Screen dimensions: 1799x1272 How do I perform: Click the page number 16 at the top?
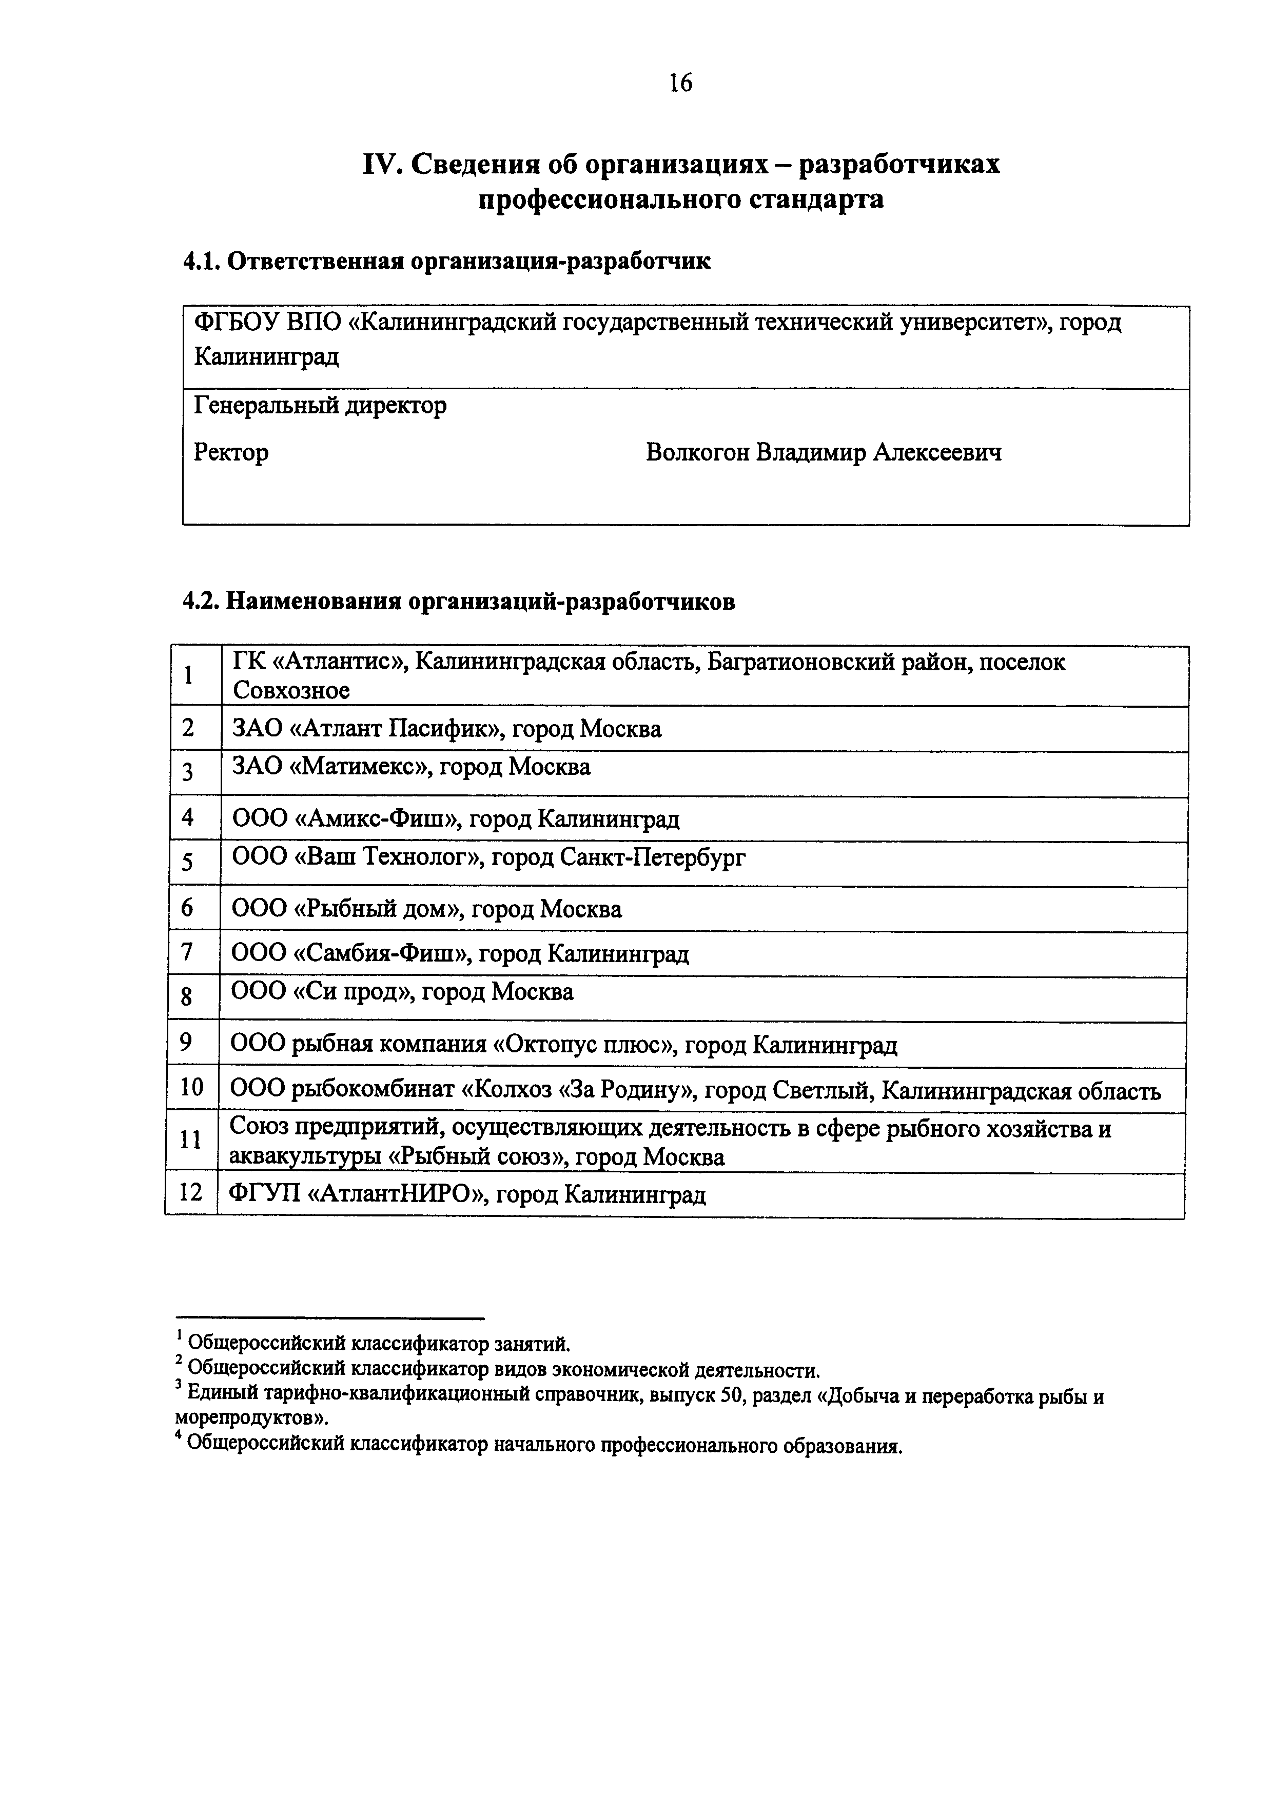coord(680,82)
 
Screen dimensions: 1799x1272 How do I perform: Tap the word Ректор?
coord(231,452)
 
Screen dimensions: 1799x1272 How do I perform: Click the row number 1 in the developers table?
coord(189,675)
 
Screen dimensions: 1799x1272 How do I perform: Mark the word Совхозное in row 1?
coord(291,690)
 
